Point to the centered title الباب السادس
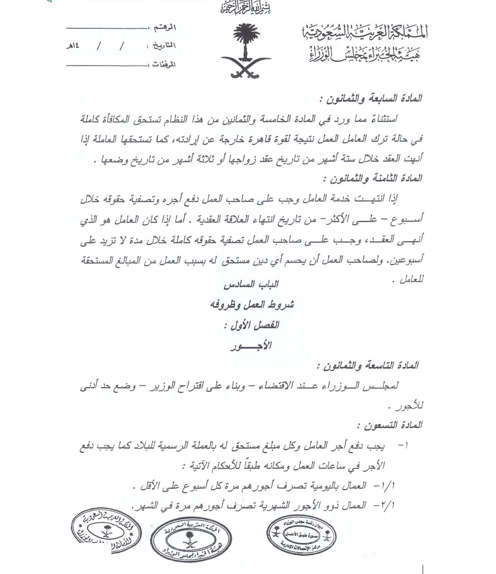click(x=251, y=285)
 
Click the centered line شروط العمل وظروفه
click(x=252, y=305)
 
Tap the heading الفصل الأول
click(x=251, y=325)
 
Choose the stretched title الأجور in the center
click(x=251, y=346)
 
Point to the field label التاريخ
click(x=161, y=46)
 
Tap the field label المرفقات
click(x=163, y=64)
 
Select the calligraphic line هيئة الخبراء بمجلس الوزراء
click(x=365, y=55)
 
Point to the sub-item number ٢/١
click(x=388, y=505)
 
